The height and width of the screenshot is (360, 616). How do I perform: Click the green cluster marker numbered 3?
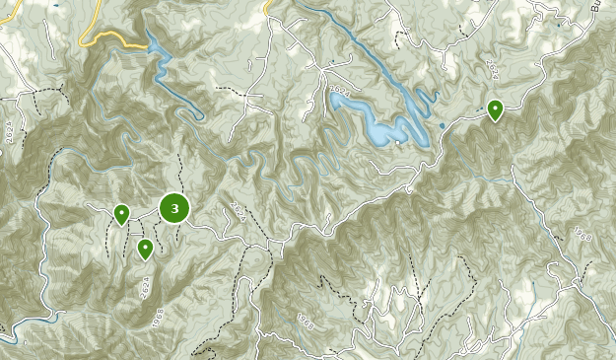click(x=174, y=208)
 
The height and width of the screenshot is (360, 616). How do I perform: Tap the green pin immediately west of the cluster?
click(x=121, y=213)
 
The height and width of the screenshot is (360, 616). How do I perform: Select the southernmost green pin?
click(x=145, y=248)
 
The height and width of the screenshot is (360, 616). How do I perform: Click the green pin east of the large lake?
click(x=495, y=109)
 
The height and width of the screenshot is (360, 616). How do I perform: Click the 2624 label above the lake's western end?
click(x=341, y=92)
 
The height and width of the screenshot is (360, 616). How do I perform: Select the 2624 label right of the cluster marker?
click(x=238, y=210)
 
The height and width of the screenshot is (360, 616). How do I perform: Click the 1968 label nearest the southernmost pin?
click(x=159, y=319)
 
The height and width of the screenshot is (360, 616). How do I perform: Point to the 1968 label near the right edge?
click(x=582, y=235)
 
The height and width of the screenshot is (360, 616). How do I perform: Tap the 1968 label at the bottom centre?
click(x=306, y=321)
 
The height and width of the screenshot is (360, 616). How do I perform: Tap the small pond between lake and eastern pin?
click(x=443, y=125)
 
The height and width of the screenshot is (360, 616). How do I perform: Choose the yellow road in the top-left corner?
click(x=8, y=13)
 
